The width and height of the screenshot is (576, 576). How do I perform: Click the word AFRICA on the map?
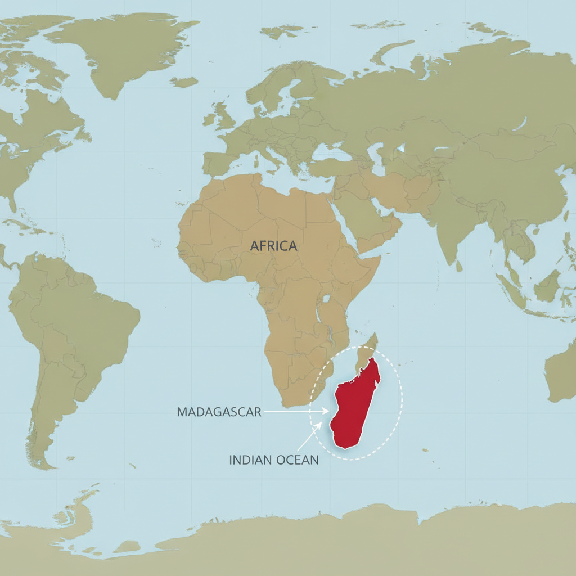pos(273,246)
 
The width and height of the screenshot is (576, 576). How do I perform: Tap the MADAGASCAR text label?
pos(219,412)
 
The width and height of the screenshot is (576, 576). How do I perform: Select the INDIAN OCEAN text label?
pos(273,460)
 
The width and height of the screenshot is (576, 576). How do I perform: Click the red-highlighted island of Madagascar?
pos(354,405)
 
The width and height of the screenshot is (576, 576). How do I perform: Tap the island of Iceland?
pos(184,82)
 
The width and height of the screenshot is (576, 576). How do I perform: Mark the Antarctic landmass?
pos(337,540)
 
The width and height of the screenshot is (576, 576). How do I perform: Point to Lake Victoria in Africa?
pos(326,300)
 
